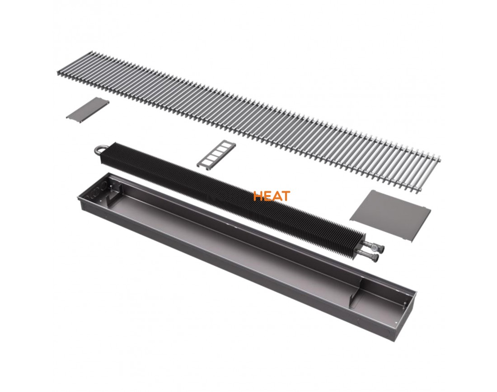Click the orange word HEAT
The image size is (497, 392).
tap(272, 196)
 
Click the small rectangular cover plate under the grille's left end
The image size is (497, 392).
tap(88, 110)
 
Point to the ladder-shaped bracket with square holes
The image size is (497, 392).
tap(216, 154)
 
